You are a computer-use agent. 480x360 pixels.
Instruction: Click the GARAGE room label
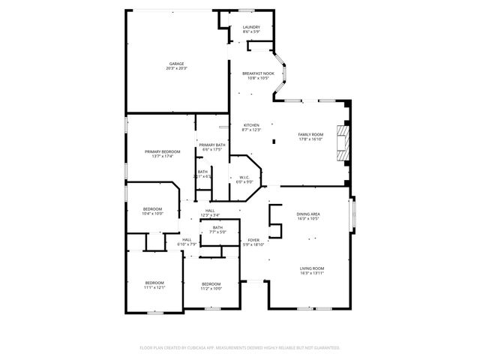(x=176, y=64)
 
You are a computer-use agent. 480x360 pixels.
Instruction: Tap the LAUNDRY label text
(x=251, y=27)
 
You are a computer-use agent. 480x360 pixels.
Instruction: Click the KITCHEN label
(x=251, y=125)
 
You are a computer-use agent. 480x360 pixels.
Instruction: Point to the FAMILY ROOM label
(x=310, y=134)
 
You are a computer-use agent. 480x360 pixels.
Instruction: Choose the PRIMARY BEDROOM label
(x=163, y=151)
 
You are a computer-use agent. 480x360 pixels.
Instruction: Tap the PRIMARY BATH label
(x=212, y=145)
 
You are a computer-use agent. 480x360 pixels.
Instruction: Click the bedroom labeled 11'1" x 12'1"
(x=154, y=283)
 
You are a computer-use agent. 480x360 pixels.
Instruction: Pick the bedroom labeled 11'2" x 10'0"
(x=211, y=283)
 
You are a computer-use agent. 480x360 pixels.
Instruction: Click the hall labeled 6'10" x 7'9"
(x=186, y=239)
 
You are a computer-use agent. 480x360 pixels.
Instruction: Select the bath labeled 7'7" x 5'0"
(x=217, y=227)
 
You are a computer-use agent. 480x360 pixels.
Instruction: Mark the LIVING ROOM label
(x=311, y=268)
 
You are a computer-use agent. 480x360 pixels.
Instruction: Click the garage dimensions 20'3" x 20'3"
(x=176, y=68)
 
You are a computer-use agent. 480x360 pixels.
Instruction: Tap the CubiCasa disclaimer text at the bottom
(x=240, y=347)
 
